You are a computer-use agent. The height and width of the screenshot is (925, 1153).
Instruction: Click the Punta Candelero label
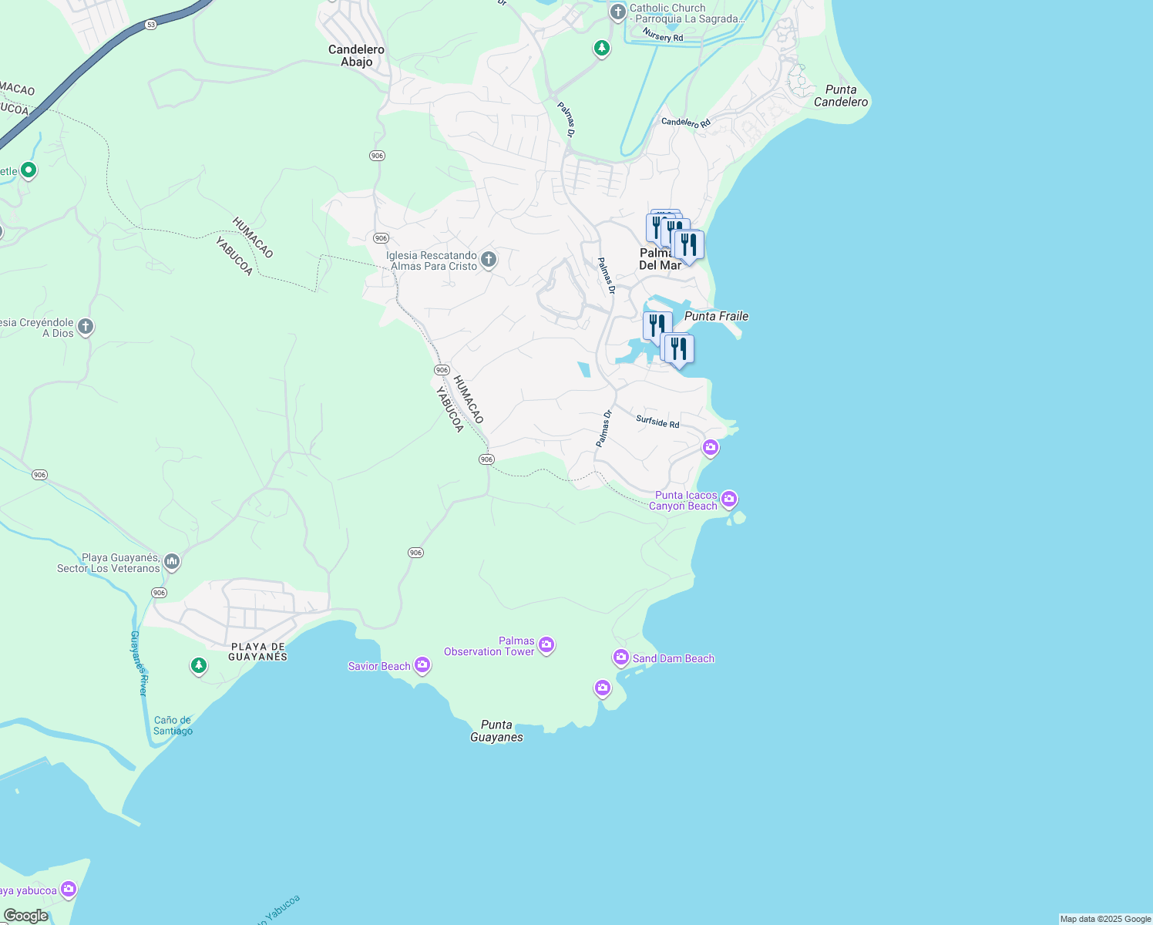click(840, 96)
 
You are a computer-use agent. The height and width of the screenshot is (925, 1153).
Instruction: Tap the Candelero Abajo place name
click(356, 55)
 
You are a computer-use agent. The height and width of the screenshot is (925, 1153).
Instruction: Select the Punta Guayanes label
click(496, 731)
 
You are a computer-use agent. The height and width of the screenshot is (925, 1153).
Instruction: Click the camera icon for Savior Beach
click(422, 664)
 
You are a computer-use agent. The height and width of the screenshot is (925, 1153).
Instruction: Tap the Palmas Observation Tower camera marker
click(546, 644)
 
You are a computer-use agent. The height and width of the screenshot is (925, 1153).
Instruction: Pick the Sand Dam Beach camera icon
click(621, 658)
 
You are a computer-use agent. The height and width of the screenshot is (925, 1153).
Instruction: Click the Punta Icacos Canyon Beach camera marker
click(729, 499)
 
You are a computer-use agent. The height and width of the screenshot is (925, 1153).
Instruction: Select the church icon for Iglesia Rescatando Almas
click(489, 260)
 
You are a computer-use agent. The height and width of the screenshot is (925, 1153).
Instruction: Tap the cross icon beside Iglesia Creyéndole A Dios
click(86, 327)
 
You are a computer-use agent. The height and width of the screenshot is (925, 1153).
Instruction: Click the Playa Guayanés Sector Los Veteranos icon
click(172, 562)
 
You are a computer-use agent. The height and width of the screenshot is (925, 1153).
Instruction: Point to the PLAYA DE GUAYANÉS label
click(258, 652)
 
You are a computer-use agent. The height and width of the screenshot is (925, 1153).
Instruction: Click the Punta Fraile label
click(716, 316)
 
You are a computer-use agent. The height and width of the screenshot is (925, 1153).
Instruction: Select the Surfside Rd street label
click(657, 422)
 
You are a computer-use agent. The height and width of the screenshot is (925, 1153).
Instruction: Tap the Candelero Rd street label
click(685, 123)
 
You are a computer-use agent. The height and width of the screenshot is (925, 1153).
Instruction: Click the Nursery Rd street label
click(662, 36)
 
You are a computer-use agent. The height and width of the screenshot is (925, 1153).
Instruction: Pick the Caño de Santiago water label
click(173, 725)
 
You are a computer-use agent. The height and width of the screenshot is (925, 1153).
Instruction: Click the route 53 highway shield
click(151, 25)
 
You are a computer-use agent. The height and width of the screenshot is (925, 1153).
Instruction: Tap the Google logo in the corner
click(25, 916)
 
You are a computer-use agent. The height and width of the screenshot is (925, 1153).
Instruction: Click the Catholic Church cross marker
click(617, 12)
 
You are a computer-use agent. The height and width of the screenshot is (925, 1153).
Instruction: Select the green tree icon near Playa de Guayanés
click(199, 665)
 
